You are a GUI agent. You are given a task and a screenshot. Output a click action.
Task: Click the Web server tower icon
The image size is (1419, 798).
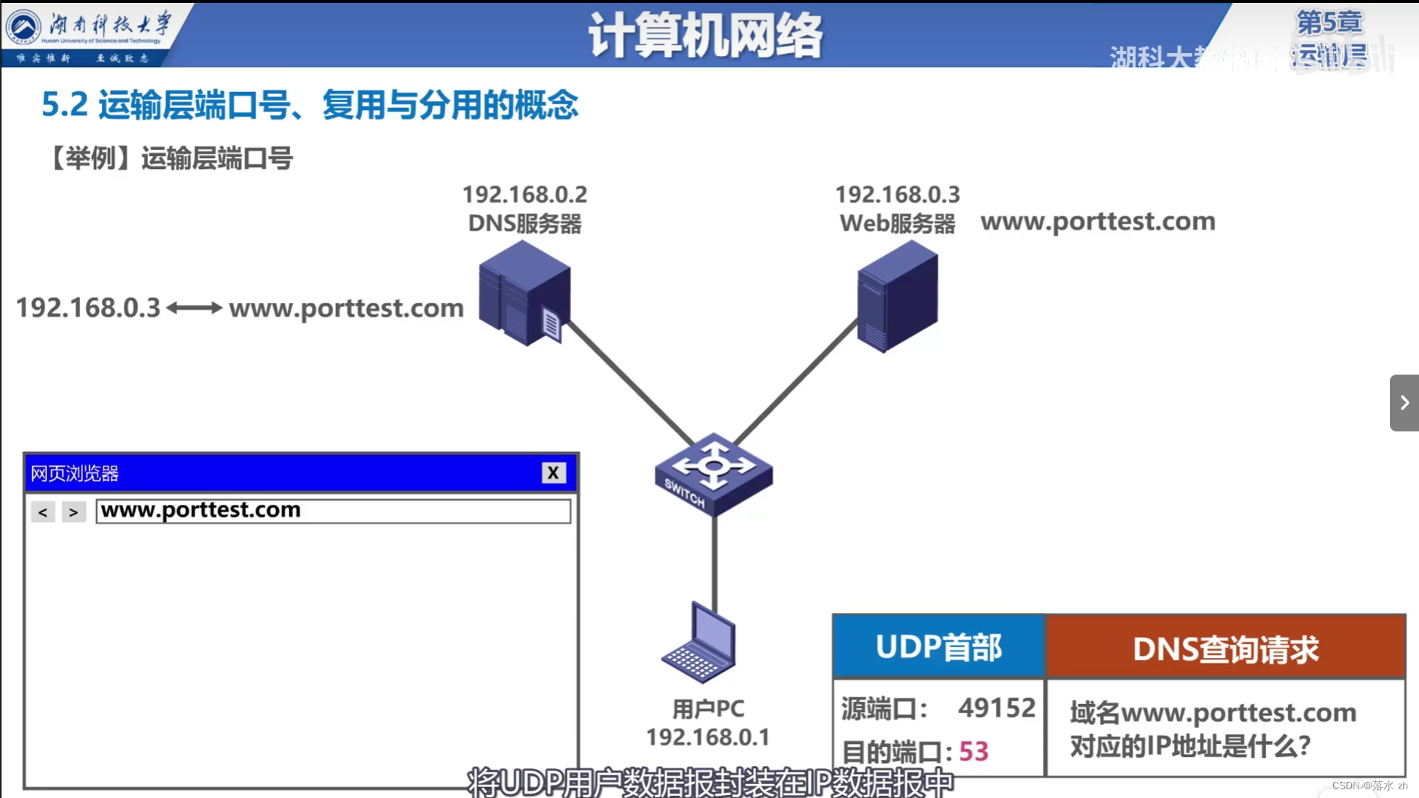897,297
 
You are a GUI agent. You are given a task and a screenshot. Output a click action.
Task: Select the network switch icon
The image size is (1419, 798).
713,474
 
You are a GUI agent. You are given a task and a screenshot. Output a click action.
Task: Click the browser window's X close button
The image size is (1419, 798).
554,473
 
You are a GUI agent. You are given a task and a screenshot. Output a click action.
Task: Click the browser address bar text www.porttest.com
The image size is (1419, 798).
201,510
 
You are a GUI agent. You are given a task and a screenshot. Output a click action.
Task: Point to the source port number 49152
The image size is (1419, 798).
996,708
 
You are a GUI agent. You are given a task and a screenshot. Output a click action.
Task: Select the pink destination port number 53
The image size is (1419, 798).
973,751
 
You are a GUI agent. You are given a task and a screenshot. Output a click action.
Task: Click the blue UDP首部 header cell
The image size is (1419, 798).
938,647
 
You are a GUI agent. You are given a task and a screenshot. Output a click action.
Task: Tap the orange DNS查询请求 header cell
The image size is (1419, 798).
1225,649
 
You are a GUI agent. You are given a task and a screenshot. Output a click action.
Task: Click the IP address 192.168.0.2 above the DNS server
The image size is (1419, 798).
524,195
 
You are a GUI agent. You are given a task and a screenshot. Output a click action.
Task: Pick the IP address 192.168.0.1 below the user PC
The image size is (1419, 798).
707,738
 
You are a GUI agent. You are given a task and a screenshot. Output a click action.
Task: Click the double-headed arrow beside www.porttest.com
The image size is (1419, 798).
194,308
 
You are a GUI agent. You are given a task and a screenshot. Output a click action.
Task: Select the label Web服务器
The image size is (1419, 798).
897,224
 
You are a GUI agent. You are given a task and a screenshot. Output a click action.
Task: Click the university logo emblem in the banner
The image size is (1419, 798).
24,27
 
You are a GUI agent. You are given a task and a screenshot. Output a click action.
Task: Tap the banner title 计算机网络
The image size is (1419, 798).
704,35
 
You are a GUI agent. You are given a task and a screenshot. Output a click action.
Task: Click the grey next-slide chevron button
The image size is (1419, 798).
1404,403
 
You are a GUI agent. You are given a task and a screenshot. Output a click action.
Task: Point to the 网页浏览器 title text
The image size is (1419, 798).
74,474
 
